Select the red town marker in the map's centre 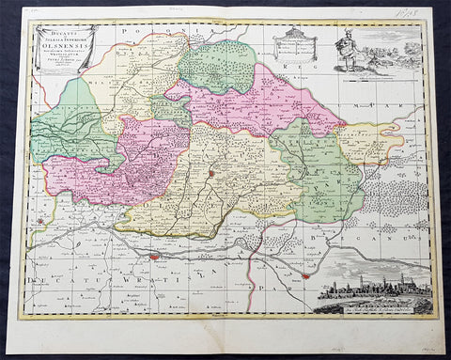(213, 173)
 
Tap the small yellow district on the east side (370, 141)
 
